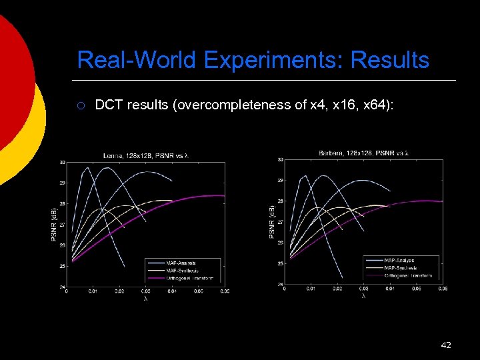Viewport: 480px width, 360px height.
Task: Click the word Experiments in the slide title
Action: coord(274,60)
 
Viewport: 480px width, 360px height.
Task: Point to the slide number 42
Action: coord(446,345)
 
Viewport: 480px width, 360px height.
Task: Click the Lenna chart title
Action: coord(145,156)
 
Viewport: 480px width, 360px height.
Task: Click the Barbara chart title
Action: coord(363,153)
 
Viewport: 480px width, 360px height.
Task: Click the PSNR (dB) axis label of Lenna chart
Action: coord(54,224)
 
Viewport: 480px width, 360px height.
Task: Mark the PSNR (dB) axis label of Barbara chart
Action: coord(271,222)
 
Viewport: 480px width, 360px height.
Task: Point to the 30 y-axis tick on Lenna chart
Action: coord(62,162)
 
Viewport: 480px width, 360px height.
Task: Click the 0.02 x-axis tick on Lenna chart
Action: coord(119,291)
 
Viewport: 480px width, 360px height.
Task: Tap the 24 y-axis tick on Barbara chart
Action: coord(281,285)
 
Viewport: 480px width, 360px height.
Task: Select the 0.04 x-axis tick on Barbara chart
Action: coord(389,289)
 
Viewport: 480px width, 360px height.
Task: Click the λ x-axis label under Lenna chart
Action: coord(145,299)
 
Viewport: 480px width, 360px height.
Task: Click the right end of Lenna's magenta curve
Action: coord(224,196)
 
